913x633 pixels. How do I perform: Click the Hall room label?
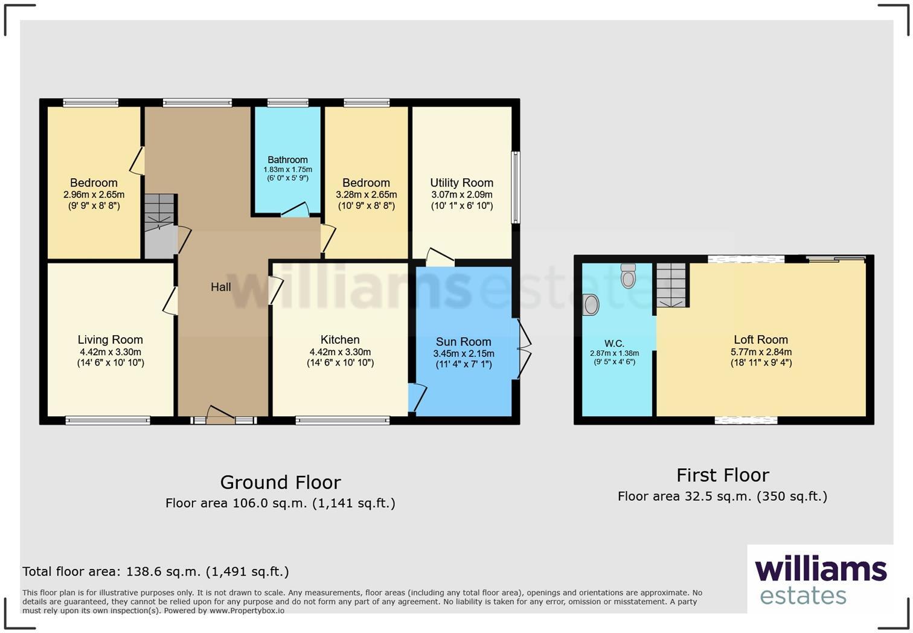(x=220, y=287)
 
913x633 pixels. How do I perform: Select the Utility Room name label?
(x=461, y=182)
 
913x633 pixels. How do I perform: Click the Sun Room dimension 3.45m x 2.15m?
(x=463, y=353)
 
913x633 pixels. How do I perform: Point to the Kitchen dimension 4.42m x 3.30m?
(x=340, y=352)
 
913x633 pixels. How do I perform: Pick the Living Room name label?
(x=110, y=339)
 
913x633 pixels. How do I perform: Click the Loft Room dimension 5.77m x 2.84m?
(x=761, y=352)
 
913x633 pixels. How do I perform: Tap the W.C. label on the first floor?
(x=614, y=344)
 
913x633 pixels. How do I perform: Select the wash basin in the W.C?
(x=591, y=305)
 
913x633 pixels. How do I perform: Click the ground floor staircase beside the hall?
(x=159, y=225)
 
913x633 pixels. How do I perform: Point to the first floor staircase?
(x=671, y=285)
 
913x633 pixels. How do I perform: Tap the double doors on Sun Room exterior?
(x=523, y=349)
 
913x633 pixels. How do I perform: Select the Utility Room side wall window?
(x=515, y=187)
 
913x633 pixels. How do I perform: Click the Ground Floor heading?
(x=280, y=482)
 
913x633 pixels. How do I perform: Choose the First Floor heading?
(x=722, y=475)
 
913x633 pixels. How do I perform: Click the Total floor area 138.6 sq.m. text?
(x=156, y=571)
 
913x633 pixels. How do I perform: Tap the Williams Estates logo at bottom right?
(x=820, y=579)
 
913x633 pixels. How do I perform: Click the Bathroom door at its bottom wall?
(x=295, y=211)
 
